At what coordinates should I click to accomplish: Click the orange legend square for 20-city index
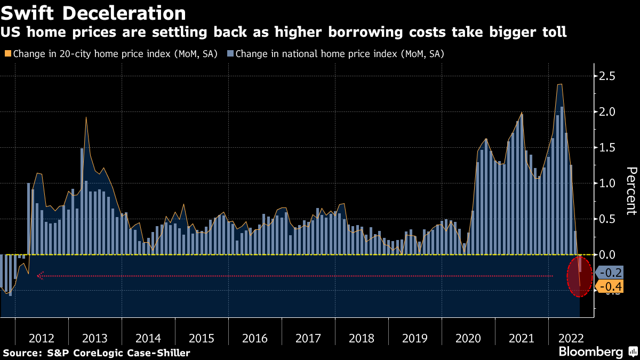click(x=7, y=54)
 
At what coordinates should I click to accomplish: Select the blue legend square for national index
click(x=230, y=54)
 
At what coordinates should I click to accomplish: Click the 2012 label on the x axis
click(x=42, y=338)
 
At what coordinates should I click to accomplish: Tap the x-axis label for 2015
click(x=202, y=338)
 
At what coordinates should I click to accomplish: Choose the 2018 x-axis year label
click(x=362, y=338)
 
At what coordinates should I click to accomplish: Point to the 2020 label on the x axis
click(x=468, y=338)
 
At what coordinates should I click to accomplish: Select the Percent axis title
click(x=631, y=190)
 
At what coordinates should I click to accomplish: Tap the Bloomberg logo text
click(x=590, y=352)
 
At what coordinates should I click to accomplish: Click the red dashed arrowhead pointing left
click(x=39, y=276)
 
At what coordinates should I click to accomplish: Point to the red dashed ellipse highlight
click(x=579, y=277)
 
